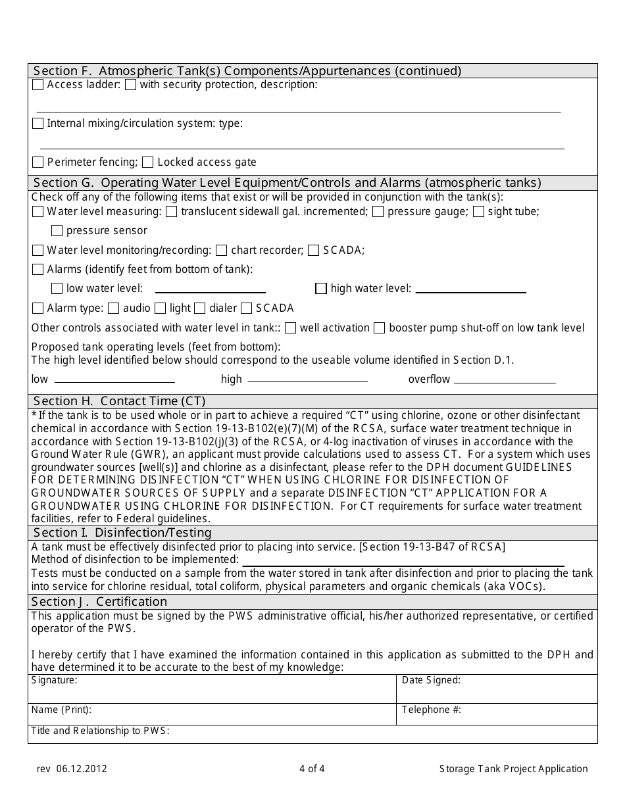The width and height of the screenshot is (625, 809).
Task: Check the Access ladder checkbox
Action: (38, 84)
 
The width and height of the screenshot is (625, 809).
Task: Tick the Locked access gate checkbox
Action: (148, 162)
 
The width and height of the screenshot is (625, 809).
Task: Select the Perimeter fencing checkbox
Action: (38, 162)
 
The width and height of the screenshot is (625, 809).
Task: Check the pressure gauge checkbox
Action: (378, 211)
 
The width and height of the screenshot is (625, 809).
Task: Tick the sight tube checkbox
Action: (479, 211)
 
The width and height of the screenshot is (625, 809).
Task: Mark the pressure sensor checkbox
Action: (57, 230)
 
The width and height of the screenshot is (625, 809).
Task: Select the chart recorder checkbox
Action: (222, 250)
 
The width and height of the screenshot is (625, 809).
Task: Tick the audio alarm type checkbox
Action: (114, 308)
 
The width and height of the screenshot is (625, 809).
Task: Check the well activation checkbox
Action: (291, 328)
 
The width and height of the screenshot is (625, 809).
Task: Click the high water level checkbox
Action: (321, 288)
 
